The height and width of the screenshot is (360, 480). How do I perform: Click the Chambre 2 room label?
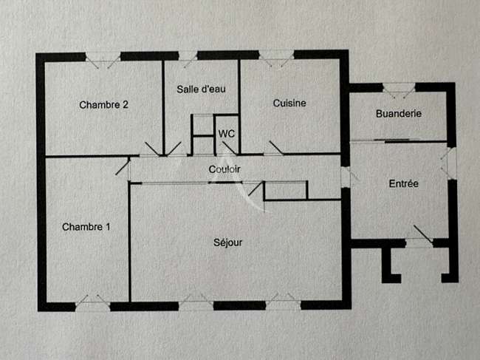pos(103,105)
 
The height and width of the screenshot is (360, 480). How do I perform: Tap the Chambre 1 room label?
pos(86,227)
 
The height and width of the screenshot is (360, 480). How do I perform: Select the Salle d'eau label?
pos(201,89)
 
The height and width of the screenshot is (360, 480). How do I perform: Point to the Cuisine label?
pos(289,103)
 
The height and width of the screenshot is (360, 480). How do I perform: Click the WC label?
pos(227,134)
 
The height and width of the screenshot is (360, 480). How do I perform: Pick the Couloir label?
pos(224,169)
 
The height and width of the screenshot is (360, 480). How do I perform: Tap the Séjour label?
pos(227,242)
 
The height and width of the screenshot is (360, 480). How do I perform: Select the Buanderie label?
pos(399,114)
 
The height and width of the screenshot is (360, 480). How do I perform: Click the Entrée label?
pos(403,183)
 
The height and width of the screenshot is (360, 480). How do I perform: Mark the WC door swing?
pos(229,148)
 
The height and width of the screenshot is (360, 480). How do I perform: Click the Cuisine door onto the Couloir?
pos(276,148)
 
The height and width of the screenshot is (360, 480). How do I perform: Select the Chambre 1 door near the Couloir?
pos(123,166)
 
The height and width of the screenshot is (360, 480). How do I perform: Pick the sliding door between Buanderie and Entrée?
pos(398,141)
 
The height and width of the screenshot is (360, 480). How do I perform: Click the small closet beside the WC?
pos(203,135)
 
